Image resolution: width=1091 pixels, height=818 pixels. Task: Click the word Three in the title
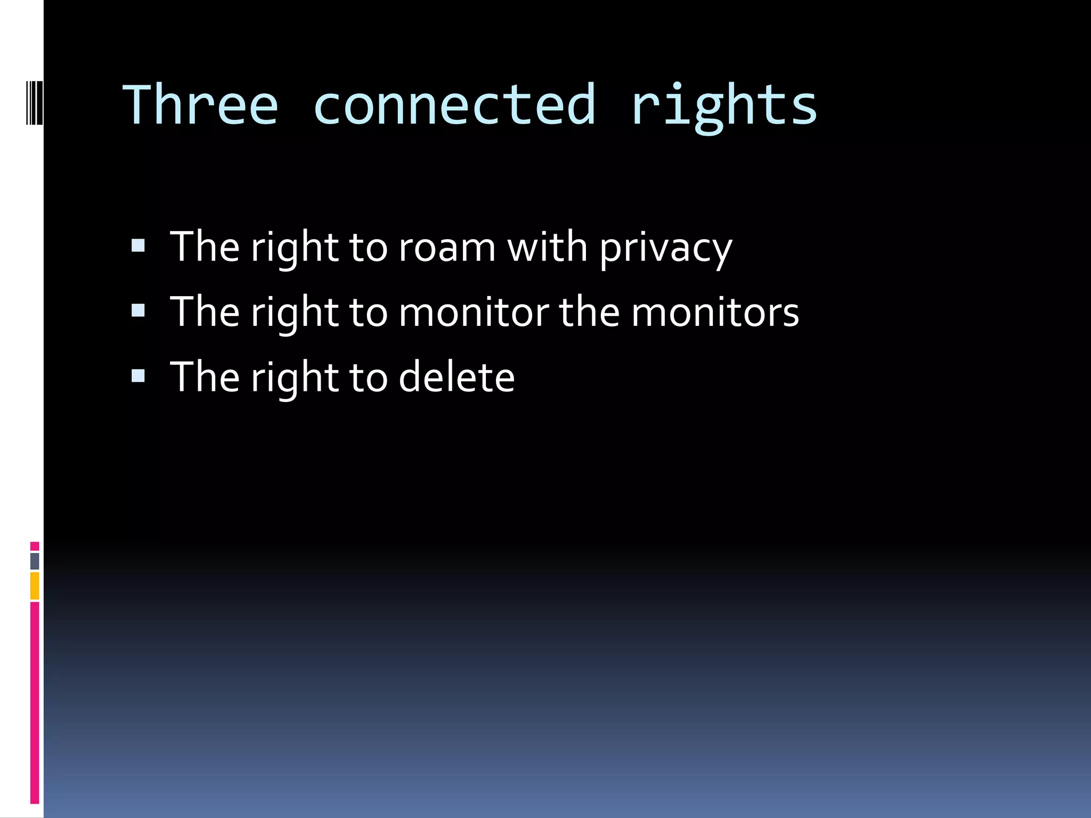click(200, 105)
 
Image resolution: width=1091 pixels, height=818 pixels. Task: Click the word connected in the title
click(454, 105)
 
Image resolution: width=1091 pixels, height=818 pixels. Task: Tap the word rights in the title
click(723, 107)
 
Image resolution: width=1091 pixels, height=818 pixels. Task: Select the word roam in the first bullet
click(447, 248)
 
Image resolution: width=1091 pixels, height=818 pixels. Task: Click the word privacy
click(665, 249)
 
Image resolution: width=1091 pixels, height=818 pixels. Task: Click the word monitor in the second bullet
click(473, 312)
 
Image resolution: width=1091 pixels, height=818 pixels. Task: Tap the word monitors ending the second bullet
click(715, 312)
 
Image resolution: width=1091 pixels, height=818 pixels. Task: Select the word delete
click(457, 377)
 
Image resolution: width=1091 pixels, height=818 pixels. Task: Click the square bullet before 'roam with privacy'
click(138, 246)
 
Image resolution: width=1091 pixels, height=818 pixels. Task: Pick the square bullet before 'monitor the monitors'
click(138, 310)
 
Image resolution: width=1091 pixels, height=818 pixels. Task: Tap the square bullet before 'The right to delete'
click(138, 376)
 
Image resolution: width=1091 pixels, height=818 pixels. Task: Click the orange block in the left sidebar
click(35, 585)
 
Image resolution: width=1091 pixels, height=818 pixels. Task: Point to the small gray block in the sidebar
click(35, 561)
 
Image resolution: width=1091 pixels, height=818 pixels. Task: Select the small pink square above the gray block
click(35, 546)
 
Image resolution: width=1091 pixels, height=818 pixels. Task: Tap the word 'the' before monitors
click(589, 312)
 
